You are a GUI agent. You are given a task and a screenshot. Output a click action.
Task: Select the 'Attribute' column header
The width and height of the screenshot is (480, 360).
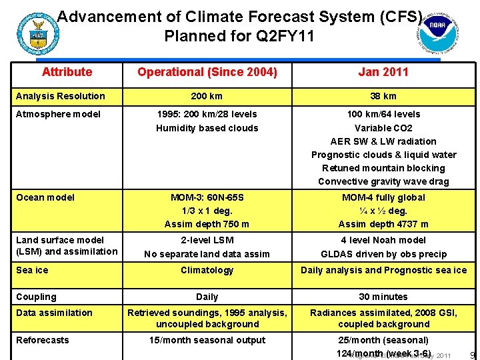(x=67, y=72)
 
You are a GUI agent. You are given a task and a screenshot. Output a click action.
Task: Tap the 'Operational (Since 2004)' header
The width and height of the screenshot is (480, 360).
(x=207, y=72)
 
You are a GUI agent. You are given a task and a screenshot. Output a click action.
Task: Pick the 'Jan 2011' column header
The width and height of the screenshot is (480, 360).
(x=383, y=72)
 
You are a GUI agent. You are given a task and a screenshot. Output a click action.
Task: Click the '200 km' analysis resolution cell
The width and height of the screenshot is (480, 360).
(x=207, y=96)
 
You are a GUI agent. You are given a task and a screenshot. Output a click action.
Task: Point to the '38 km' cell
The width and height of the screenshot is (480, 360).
(x=383, y=96)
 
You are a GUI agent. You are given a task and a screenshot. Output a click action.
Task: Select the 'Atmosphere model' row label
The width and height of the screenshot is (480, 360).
(x=58, y=114)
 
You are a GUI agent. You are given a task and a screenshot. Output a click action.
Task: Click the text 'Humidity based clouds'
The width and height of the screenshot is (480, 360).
(x=207, y=128)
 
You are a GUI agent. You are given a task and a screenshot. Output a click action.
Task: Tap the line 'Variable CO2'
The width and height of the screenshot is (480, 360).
(x=383, y=128)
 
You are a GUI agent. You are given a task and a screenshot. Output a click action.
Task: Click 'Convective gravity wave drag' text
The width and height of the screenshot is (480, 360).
(x=383, y=181)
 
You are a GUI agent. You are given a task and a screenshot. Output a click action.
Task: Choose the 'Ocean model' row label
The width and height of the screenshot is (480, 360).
(x=45, y=197)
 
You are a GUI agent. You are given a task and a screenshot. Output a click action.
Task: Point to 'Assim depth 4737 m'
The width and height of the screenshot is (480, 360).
(x=383, y=224)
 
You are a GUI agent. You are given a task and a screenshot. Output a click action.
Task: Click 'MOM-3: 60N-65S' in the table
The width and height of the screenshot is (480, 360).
(x=207, y=197)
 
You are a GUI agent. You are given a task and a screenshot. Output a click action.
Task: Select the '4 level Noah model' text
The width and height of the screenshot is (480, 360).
(x=383, y=240)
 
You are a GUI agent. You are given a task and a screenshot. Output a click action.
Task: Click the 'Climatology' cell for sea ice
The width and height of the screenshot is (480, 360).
(x=207, y=270)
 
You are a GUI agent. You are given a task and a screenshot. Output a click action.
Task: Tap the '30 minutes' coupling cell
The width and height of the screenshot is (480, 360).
(x=383, y=297)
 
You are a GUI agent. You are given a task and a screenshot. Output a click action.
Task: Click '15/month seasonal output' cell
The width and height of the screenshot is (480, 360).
(x=207, y=340)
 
